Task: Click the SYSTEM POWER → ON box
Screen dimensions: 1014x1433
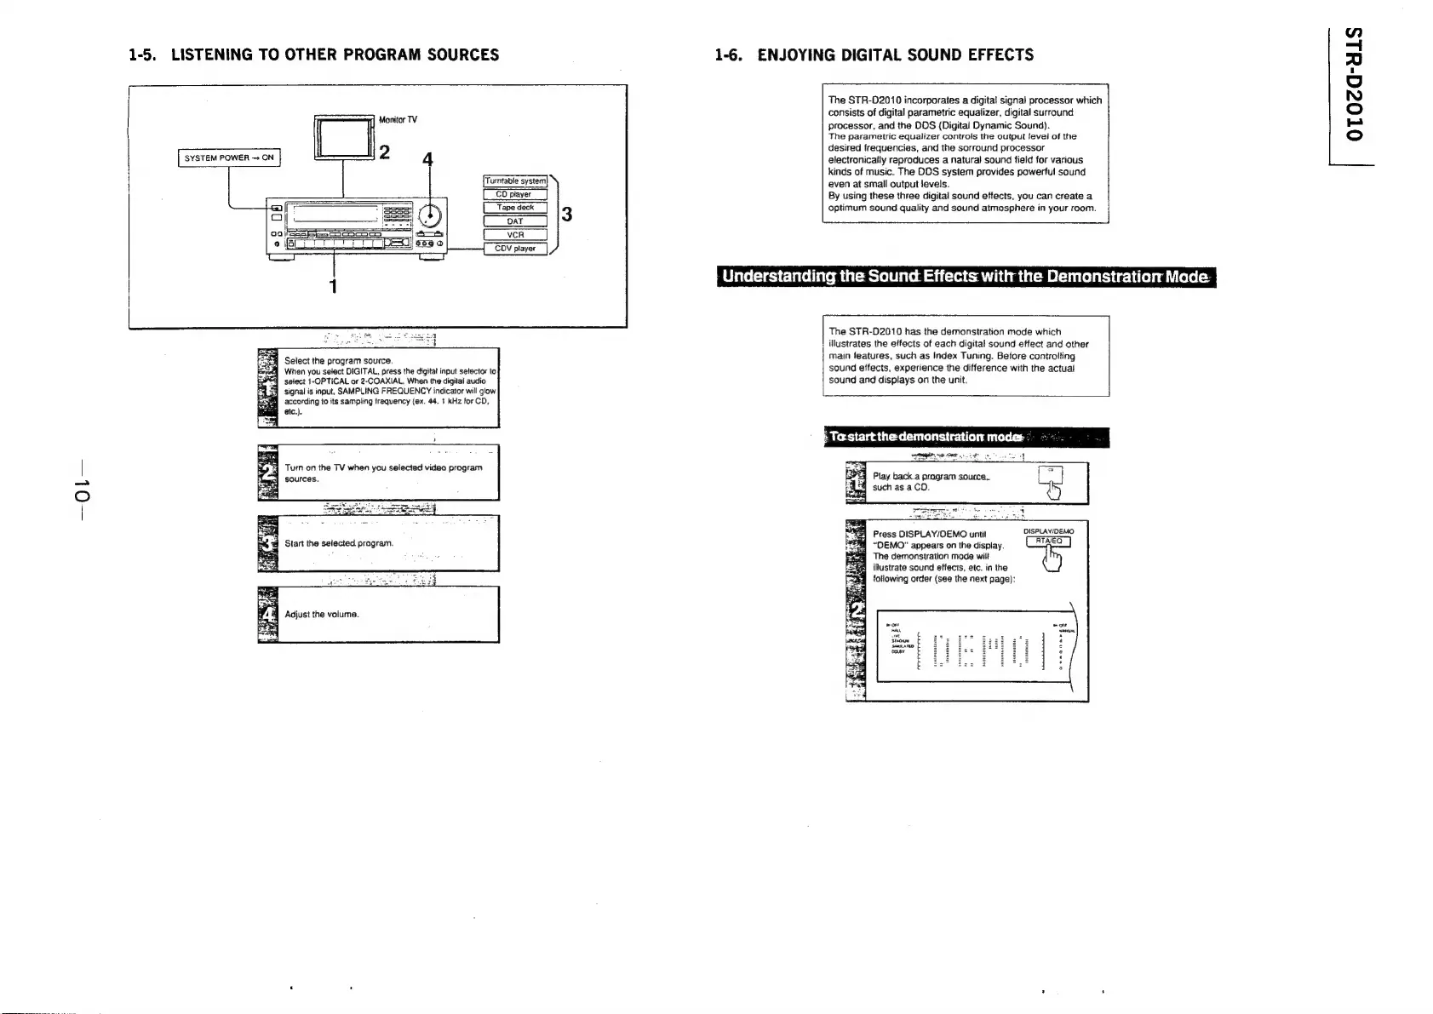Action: pos(229,158)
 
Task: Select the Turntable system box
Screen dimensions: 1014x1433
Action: pos(515,180)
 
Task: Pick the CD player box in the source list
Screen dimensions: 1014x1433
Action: pos(514,194)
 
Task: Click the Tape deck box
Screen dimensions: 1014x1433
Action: pos(514,208)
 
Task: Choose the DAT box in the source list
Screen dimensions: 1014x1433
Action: pos(514,221)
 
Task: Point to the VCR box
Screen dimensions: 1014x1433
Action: pos(514,235)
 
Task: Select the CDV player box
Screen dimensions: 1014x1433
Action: pos(514,249)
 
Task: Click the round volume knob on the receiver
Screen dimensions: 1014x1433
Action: pos(431,213)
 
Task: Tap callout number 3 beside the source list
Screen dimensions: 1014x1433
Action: pos(566,215)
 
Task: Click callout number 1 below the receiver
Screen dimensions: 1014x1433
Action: pos(334,286)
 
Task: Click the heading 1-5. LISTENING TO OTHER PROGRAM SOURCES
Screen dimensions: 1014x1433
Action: pos(313,55)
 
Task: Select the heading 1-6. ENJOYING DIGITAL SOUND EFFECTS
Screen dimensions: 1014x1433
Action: pos(874,55)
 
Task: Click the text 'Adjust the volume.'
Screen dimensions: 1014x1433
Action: pos(322,614)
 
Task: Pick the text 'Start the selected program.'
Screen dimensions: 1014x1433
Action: pos(339,543)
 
